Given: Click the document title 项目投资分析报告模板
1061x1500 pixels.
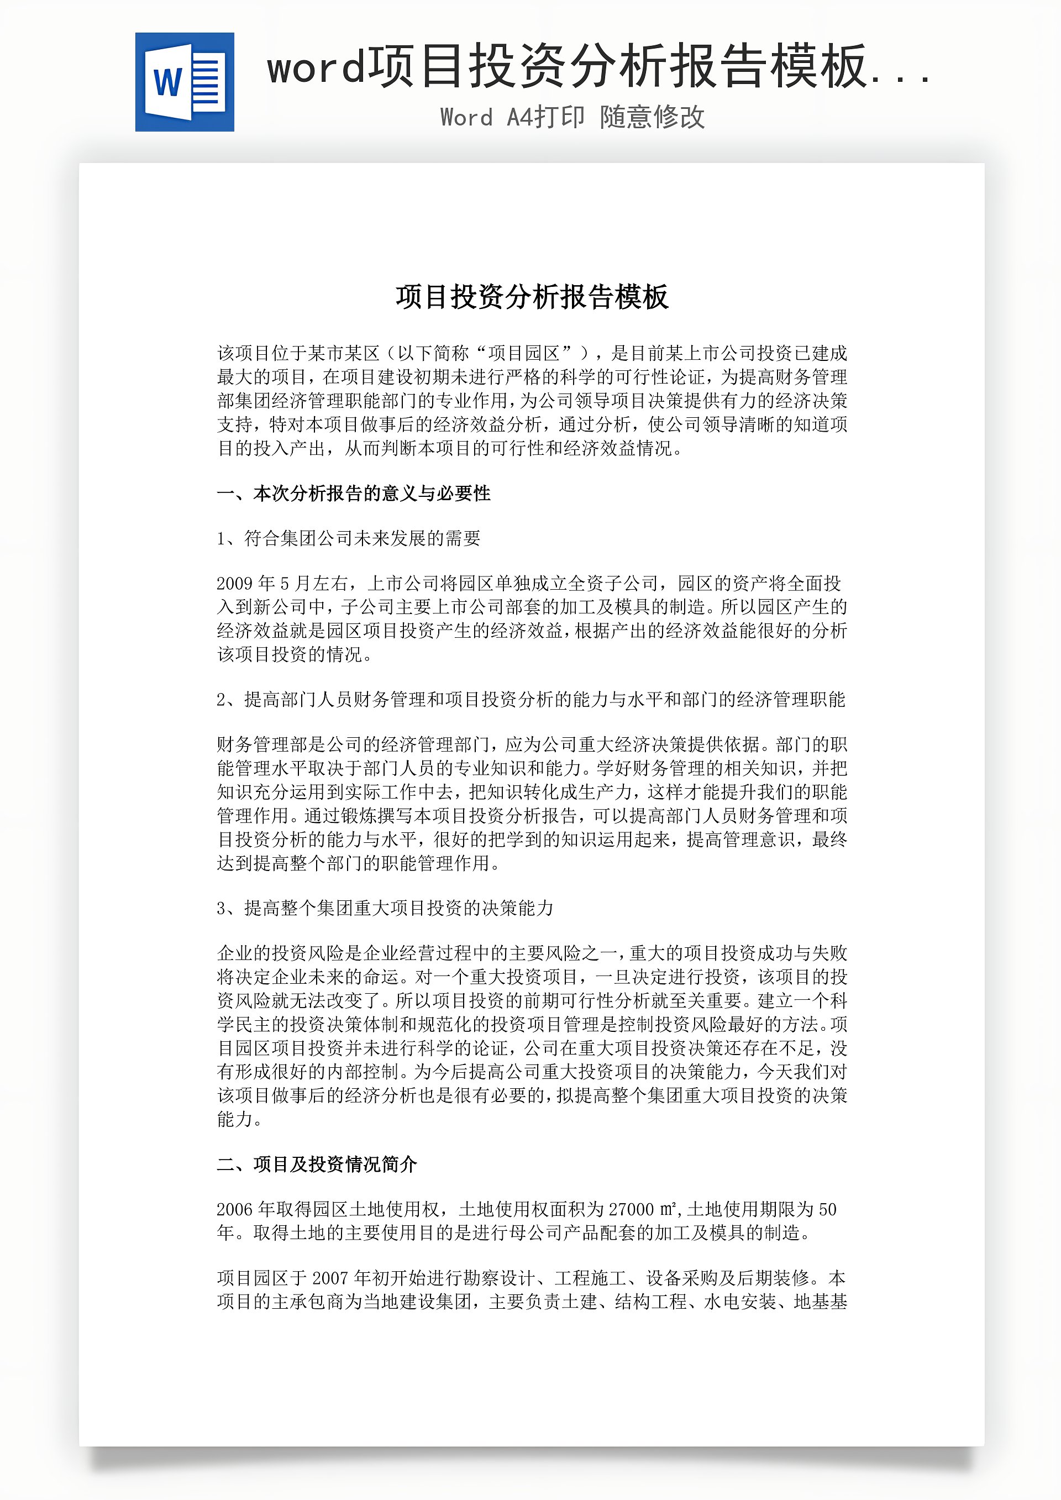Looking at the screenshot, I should [x=531, y=297].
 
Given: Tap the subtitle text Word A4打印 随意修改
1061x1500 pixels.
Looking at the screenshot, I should [x=572, y=118].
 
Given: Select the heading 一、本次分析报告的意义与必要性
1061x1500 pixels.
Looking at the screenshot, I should [x=354, y=493].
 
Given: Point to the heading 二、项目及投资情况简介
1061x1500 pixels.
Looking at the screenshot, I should [x=317, y=1164].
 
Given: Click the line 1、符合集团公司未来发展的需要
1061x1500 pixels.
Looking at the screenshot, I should [x=348, y=538].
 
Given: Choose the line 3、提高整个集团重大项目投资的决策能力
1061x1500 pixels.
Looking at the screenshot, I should [x=385, y=908].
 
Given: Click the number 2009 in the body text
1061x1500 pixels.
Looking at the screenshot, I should [x=234, y=584].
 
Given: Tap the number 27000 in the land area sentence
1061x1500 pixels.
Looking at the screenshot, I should [x=631, y=1209].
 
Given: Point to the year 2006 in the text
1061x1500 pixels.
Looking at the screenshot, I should [x=234, y=1209].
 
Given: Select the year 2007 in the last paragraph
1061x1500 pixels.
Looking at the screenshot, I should [x=330, y=1278].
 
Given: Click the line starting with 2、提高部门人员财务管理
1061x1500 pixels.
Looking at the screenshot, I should [x=530, y=700].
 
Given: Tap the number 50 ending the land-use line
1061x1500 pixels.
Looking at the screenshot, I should [x=827, y=1209].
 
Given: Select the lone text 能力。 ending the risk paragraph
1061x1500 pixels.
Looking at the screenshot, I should [x=240, y=1119].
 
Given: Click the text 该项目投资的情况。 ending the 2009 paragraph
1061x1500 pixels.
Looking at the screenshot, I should [x=295, y=654].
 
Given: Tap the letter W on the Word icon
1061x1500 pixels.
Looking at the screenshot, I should [x=168, y=82].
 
